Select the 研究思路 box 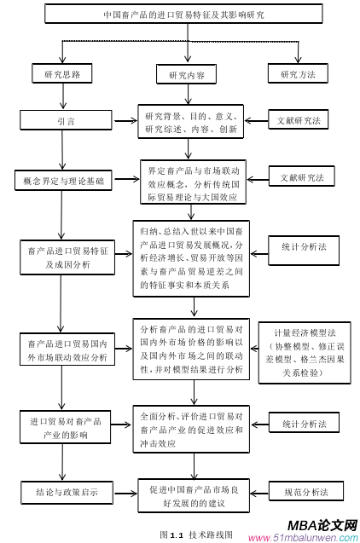click(61, 74)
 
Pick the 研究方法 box click(299, 74)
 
